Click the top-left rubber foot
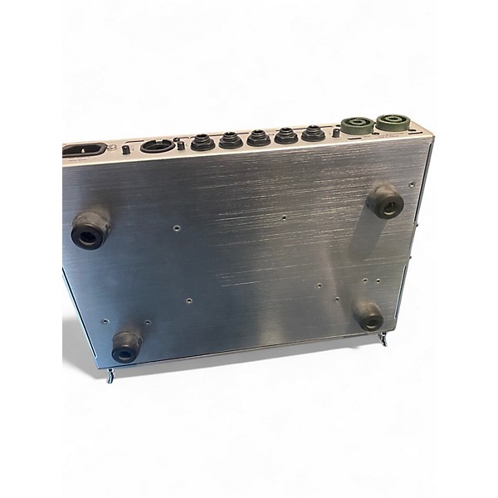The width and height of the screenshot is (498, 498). (x=90, y=231)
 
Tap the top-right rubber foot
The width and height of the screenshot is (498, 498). (x=385, y=202)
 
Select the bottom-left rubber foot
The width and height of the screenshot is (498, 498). (x=127, y=346)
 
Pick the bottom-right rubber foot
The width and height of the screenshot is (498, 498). (x=369, y=315)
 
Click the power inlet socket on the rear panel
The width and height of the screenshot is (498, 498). (x=86, y=151)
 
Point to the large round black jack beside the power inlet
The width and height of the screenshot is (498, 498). (x=158, y=146)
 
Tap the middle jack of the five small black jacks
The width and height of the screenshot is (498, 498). (x=259, y=137)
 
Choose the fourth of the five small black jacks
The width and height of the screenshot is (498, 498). (x=286, y=134)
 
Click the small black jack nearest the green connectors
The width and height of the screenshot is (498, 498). (x=314, y=133)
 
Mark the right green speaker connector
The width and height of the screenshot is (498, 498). (x=389, y=124)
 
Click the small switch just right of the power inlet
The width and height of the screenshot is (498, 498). (x=125, y=149)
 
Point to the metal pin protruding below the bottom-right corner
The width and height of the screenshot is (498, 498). (x=383, y=339)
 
